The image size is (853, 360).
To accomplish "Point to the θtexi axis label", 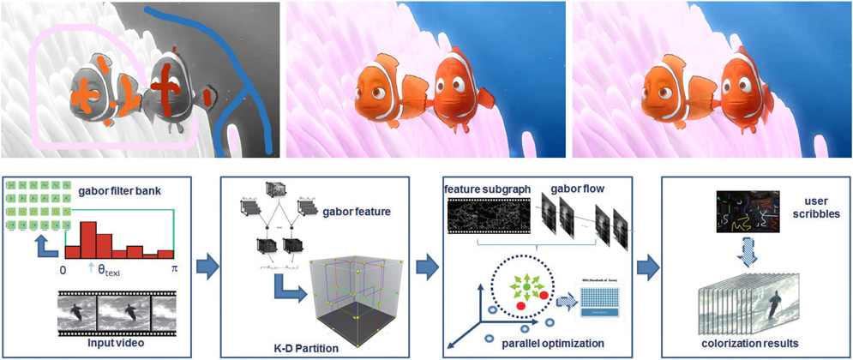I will [106, 269].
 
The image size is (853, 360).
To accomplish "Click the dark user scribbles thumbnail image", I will [747, 213].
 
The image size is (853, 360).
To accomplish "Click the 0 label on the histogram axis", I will [63, 269].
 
